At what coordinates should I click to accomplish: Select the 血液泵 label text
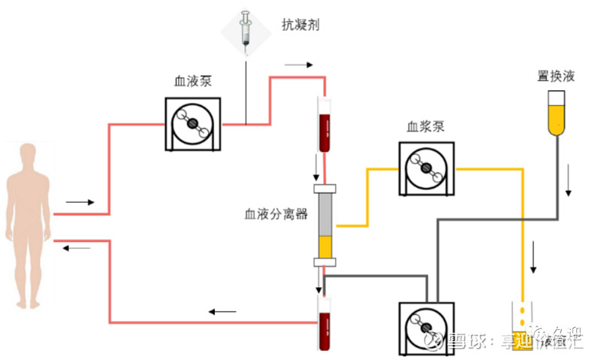[x=193, y=80]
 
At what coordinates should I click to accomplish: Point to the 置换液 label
[x=557, y=76]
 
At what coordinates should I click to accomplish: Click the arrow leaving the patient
[x=80, y=202]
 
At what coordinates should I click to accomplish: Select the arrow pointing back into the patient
[x=76, y=248]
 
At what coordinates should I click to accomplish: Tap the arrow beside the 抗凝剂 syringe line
[x=297, y=65]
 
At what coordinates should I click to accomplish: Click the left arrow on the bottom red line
[x=222, y=311]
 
